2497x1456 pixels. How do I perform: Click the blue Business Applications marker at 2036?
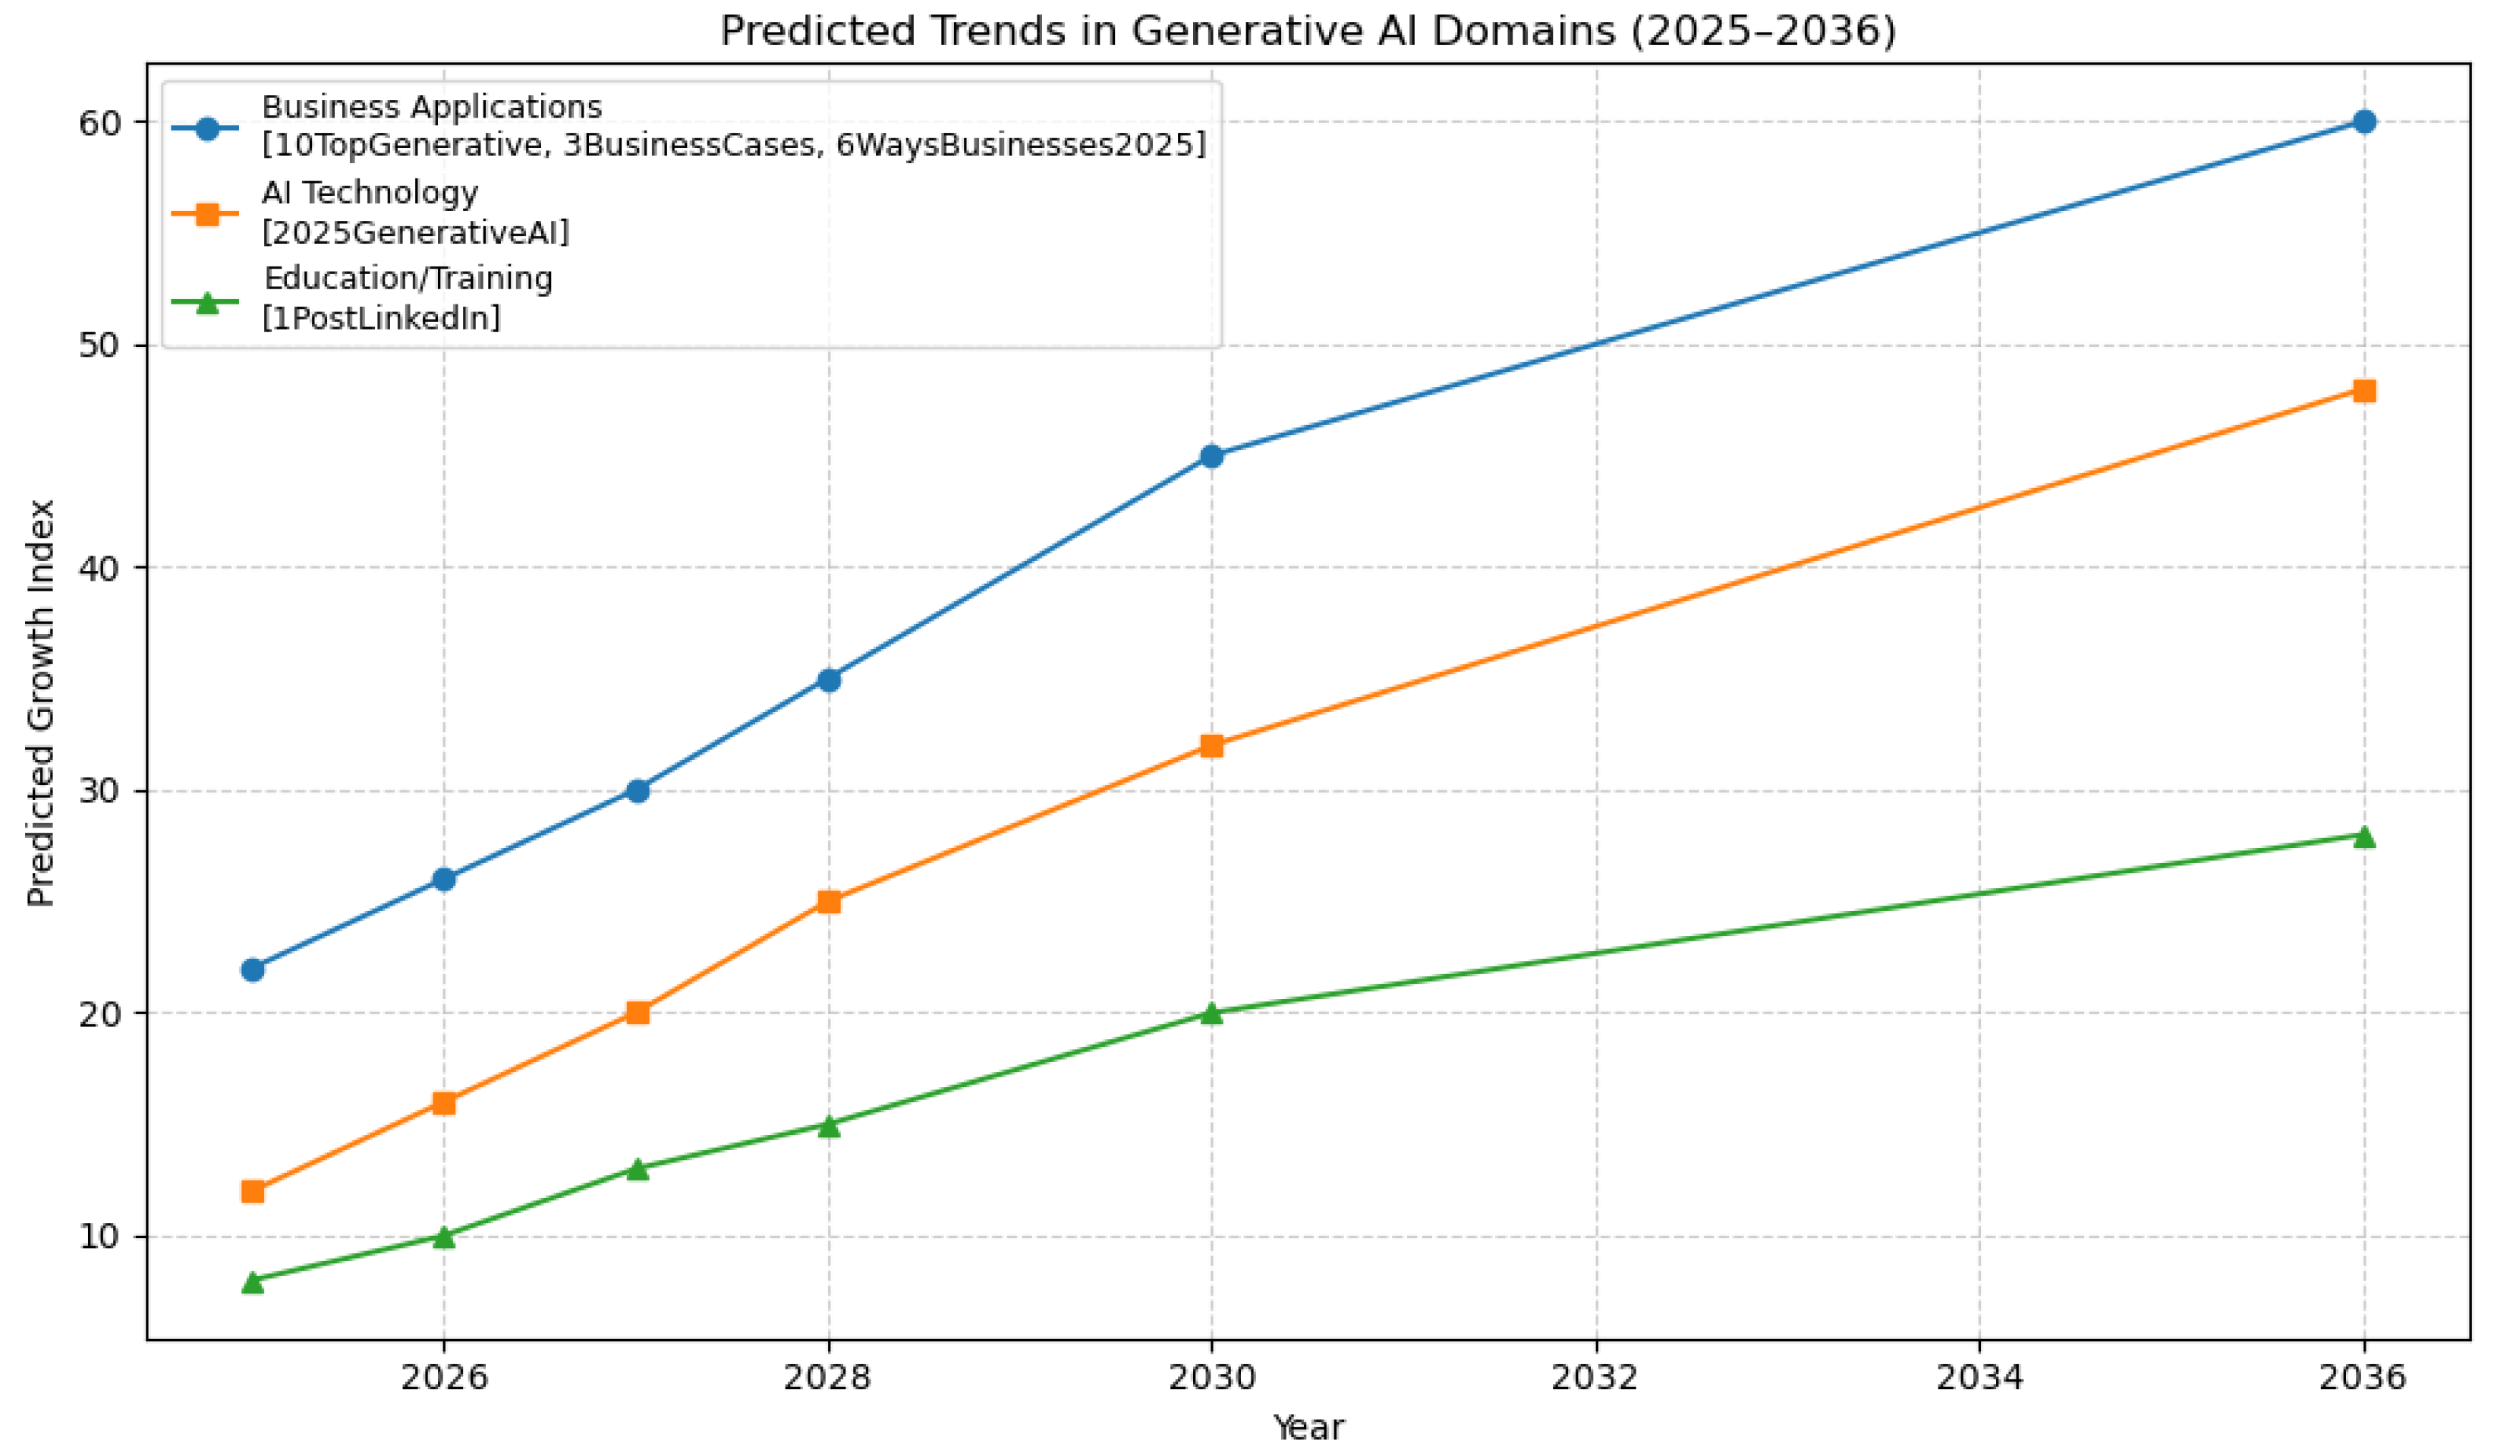[2363, 122]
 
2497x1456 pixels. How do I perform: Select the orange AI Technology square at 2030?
[1211, 745]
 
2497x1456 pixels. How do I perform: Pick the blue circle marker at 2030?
[1211, 456]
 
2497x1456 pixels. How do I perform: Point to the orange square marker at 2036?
[2363, 390]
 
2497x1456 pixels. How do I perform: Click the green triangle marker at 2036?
[2363, 837]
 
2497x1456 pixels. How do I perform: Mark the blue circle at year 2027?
[637, 790]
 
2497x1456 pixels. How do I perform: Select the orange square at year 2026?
[444, 1103]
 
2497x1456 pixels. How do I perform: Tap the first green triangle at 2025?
[253, 1281]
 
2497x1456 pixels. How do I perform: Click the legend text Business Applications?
[431, 106]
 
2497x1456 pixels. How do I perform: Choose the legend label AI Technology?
[370, 192]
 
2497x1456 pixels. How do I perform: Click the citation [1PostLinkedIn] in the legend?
[382, 318]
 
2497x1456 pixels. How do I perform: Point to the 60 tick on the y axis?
[99, 123]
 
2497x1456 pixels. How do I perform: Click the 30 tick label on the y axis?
[99, 792]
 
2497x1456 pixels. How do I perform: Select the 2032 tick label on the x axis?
[1595, 1378]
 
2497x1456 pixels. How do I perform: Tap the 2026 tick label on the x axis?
[444, 1378]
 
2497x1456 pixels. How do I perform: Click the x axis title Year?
[1308, 1427]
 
